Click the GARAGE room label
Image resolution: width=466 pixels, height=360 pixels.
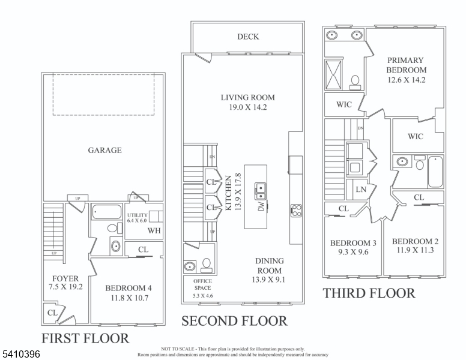click(104, 150)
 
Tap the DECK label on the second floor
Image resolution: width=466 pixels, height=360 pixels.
click(247, 37)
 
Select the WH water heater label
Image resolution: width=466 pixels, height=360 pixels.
click(154, 230)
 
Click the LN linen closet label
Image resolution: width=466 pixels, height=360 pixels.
click(361, 190)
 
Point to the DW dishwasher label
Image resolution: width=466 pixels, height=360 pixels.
click(261, 206)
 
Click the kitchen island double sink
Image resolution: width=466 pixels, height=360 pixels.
click(261, 191)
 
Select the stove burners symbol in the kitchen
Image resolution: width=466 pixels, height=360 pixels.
click(295, 210)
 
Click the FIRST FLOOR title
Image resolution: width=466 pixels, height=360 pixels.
click(85, 338)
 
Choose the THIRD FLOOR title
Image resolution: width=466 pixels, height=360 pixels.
click(369, 293)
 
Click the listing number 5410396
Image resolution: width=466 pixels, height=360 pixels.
click(20, 355)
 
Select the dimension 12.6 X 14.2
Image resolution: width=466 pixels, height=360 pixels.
click(405, 79)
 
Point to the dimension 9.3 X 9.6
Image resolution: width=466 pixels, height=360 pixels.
click(353, 253)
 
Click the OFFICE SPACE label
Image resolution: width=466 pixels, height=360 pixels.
click(202, 284)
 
